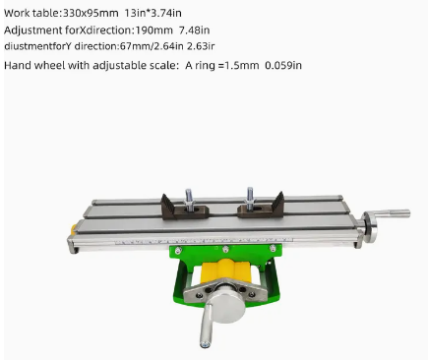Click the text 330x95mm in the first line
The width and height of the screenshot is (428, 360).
91,13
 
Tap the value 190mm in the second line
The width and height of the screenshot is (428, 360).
153,30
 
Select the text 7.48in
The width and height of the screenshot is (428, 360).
195,30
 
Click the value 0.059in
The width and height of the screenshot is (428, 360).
283,65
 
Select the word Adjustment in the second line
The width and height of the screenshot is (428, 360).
33,30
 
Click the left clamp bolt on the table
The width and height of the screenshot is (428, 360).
189,199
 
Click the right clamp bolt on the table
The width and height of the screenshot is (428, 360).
250,198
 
